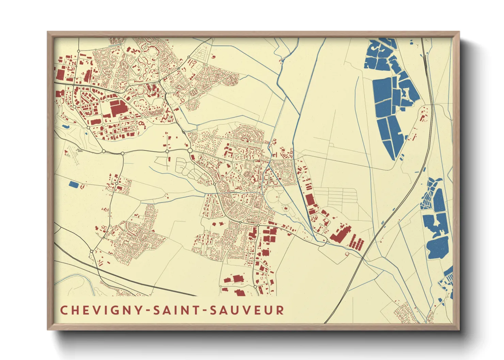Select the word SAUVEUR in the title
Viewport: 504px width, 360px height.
coord(247,310)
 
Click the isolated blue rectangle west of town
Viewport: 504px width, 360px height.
coord(73,184)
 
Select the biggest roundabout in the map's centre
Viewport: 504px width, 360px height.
coord(190,150)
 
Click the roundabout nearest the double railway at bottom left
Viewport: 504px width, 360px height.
coord(91,251)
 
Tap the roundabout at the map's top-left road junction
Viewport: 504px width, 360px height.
coord(79,51)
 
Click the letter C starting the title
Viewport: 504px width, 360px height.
coord(64,310)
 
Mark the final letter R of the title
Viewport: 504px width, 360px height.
coord(280,310)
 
